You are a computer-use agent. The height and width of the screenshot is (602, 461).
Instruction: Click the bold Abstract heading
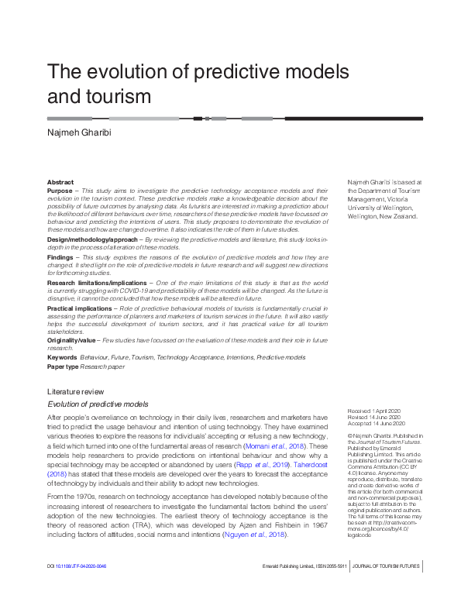click(60, 182)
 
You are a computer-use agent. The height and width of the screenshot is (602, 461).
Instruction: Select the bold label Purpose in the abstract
click(60, 191)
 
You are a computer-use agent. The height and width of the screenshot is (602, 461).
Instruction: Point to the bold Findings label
click(61, 257)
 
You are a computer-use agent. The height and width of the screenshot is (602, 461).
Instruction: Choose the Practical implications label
click(79, 308)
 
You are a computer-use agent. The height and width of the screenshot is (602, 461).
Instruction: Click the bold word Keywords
click(62, 358)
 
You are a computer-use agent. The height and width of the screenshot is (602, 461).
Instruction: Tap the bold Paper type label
click(64, 366)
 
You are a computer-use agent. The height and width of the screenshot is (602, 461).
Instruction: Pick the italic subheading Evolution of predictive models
click(98, 404)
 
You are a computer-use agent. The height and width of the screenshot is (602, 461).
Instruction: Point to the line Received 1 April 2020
click(376, 411)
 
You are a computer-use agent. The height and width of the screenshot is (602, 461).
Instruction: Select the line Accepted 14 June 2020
click(377, 424)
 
